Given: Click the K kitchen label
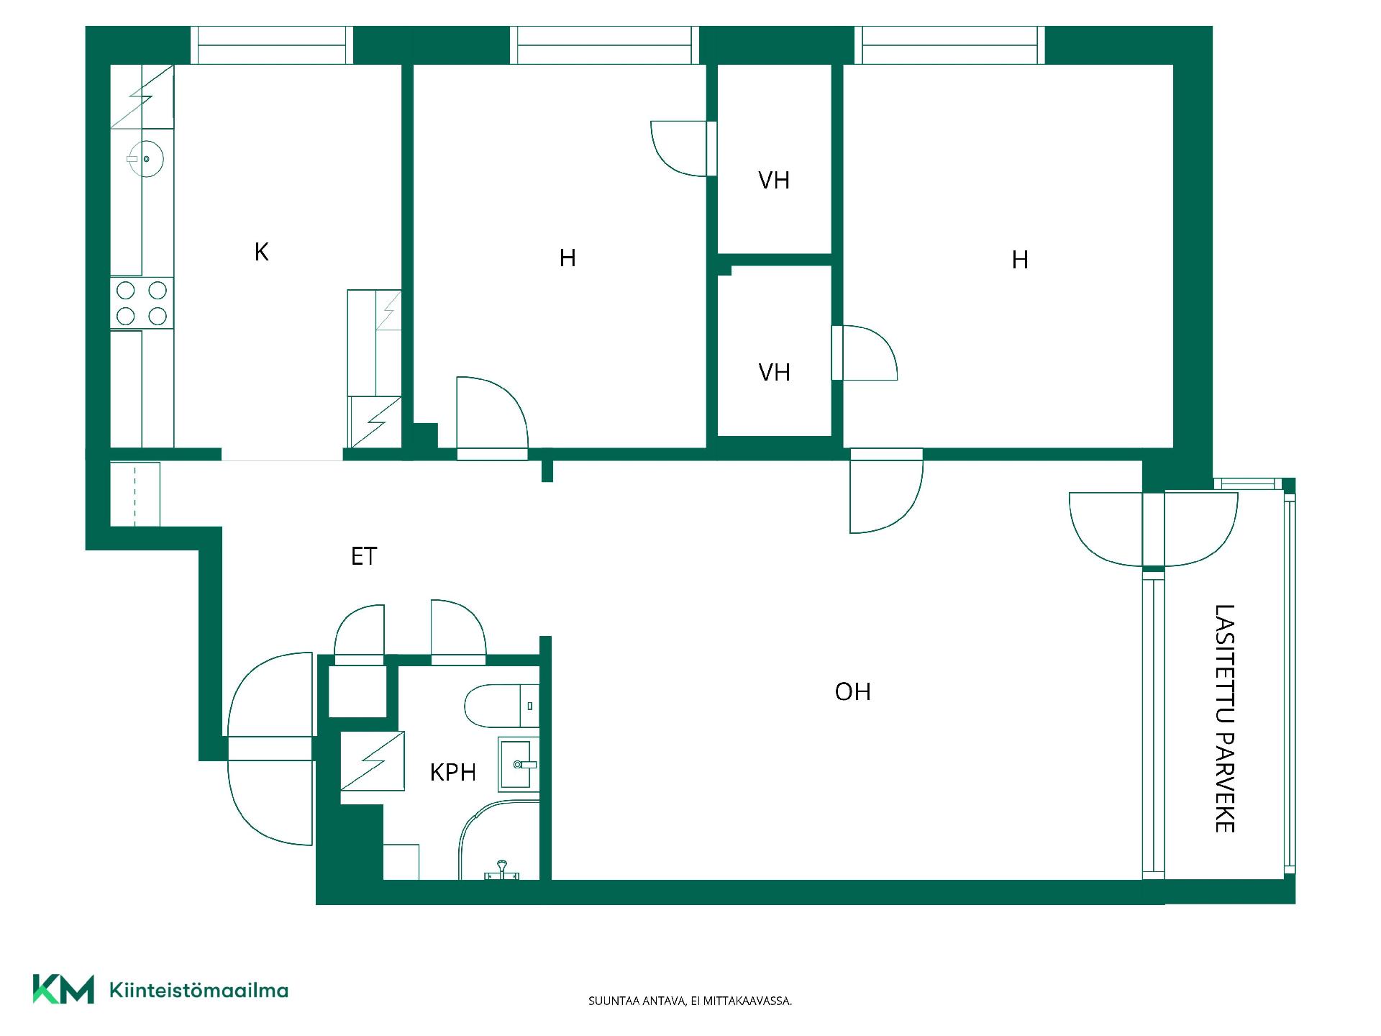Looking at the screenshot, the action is pos(262,252).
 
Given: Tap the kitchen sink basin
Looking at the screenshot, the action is pos(146,158).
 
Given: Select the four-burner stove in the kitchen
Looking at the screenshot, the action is pos(142,303).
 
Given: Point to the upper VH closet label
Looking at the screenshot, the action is pos(774,180).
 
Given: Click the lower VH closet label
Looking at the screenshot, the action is pos(774,372).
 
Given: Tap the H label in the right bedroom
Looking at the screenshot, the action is pos(1019,260).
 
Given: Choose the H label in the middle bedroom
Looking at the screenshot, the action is pos(568,258).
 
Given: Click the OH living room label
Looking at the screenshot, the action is pos(853,691).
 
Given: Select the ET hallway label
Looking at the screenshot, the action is pos(364,556).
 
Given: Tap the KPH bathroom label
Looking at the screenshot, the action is pos(453,772).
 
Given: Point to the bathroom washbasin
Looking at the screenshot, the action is pos(518,764).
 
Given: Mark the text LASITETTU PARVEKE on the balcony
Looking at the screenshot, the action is pos(1224,718).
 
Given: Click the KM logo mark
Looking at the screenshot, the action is pos(63,989).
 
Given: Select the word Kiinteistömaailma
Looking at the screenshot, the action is pos(199,991).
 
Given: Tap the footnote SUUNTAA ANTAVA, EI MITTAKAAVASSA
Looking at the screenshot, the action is pos(690,1001).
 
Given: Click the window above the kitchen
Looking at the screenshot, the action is pos(272,45).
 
